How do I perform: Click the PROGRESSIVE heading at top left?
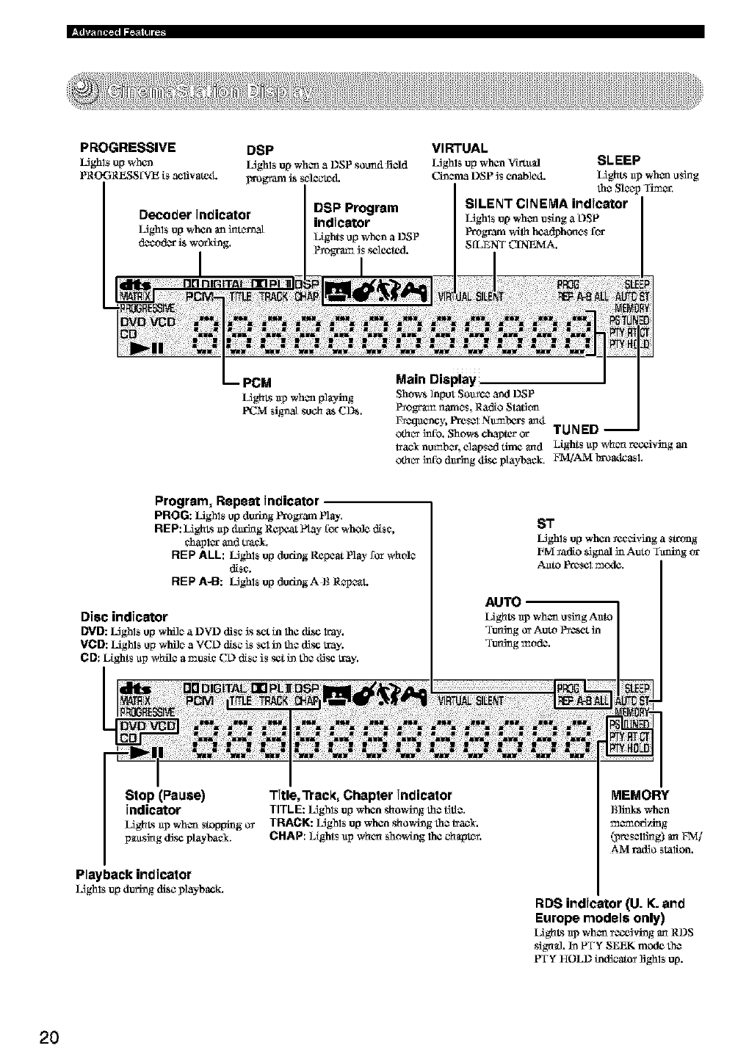[x=127, y=147]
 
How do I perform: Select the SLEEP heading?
[x=620, y=160]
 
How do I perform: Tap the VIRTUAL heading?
[x=460, y=148]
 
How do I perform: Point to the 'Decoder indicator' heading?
[x=195, y=214]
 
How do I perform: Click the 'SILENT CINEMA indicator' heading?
[x=546, y=203]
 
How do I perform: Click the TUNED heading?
[x=576, y=430]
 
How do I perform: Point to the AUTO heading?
[x=503, y=602]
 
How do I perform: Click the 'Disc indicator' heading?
[x=124, y=616]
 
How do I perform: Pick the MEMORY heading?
[x=640, y=795]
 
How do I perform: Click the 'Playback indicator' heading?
[x=133, y=874]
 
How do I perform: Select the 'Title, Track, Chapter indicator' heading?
[x=361, y=795]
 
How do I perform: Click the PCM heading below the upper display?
[x=257, y=382]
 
